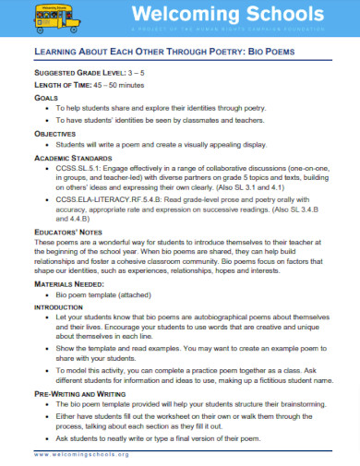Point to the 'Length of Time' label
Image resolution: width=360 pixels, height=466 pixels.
pyautogui.click(x=62, y=83)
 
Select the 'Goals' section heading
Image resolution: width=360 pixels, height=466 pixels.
pyautogui.click(x=45, y=96)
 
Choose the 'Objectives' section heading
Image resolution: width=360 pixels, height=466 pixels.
pyautogui.click(x=54, y=134)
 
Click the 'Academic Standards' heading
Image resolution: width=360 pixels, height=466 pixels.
pyautogui.click(x=71, y=159)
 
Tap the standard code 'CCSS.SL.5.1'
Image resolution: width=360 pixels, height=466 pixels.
pyautogui.click(x=80, y=172)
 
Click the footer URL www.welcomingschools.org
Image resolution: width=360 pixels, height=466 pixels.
pyautogui.click(x=82, y=455)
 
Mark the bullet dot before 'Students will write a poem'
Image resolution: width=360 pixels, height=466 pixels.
pyautogui.click(x=47, y=146)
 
